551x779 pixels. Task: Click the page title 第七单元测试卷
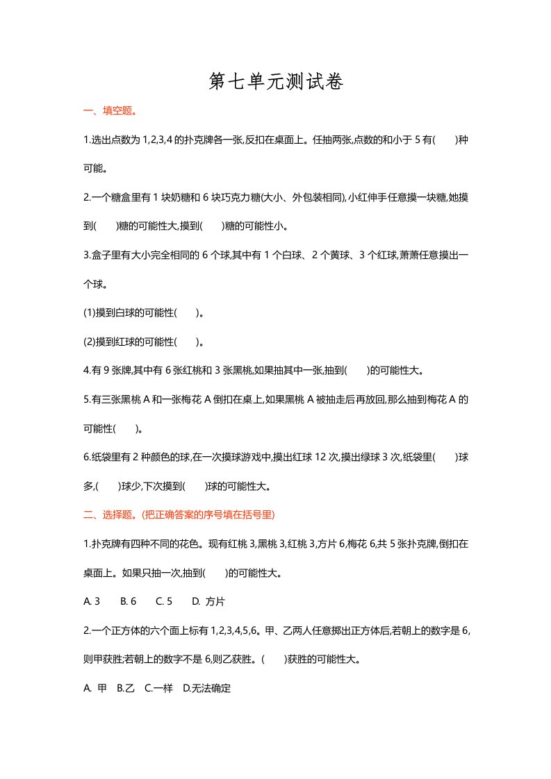point(276,83)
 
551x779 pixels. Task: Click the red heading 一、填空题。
point(109,110)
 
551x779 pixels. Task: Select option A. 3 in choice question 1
point(92,601)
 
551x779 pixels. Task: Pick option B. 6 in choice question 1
point(128,601)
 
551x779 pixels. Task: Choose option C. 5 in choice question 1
point(164,601)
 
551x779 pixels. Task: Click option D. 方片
point(208,601)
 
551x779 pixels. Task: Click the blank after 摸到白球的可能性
point(187,313)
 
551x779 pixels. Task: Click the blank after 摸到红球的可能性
point(187,342)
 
